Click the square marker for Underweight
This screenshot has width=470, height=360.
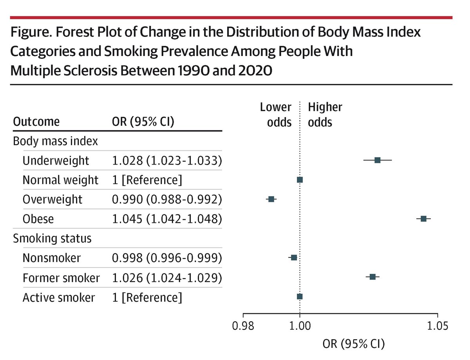[377, 160]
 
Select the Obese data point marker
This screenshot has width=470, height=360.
[423, 219]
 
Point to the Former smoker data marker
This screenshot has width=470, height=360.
[372, 277]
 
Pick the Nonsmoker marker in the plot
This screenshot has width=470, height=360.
[294, 257]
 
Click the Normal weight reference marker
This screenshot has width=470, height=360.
[300, 180]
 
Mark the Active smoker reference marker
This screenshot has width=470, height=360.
[300, 297]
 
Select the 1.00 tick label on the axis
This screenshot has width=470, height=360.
[300, 326]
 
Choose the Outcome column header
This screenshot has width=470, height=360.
[36, 122]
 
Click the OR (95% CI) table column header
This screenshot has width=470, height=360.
[143, 122]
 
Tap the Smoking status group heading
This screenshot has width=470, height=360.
[52, 238]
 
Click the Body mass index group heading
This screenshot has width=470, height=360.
[56, 141]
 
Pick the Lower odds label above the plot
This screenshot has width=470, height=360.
[276, 114]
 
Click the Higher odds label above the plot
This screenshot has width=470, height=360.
[325, 114]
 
